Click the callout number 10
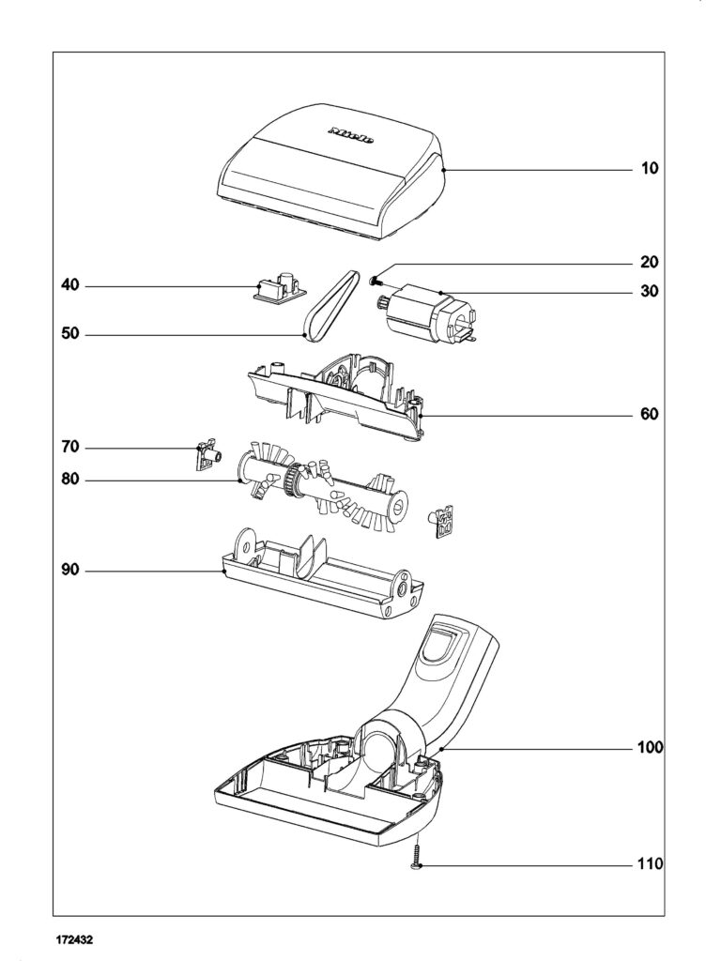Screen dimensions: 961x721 click(650, 169)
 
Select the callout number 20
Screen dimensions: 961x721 click(650, 262)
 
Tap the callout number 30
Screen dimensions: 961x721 click(650, 292)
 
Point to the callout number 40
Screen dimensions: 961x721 click(71, 285)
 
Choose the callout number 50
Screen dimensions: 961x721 click(71, 333)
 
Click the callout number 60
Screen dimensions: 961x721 click(650, 414)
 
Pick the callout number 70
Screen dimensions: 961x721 click(71, 448)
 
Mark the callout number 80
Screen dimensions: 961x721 click(71, 480)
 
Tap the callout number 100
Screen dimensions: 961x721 click(650, 748)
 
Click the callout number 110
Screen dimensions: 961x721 click(650, 863)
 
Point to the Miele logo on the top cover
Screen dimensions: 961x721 click(352, 133)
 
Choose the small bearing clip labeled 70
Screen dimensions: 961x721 click(207, 455)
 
